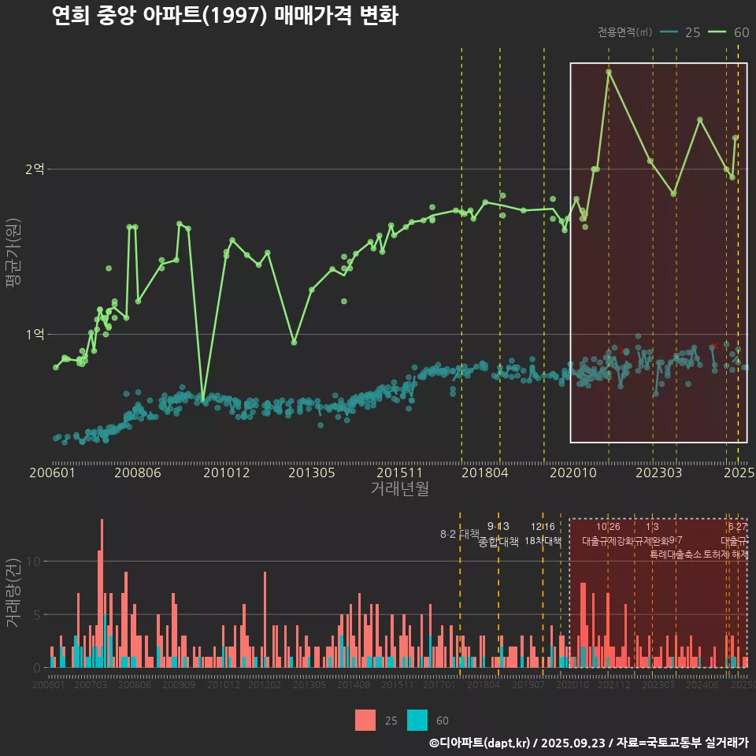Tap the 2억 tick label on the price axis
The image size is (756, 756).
[x=35, y=169]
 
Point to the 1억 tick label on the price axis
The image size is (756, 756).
[x=35, y=335]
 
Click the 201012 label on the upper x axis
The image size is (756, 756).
[x=226, y=472]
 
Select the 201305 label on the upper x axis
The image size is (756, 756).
[x=312, y=472]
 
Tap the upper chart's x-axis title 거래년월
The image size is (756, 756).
[x=399, y=489]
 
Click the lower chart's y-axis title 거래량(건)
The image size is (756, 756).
[x=13, y=593]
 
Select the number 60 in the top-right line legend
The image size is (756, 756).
[x=741, y=32]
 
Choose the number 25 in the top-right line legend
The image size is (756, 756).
[x=693, y=32]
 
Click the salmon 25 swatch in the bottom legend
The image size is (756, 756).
[x=365, y=720]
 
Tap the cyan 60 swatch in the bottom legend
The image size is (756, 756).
[x=417, y=720]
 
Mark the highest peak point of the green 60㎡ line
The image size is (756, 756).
[x=609, y=72]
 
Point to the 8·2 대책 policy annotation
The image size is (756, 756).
[x=459, y=534]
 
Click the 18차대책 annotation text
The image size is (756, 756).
[x=543, y=541]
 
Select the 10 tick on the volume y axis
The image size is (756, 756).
[x=34, y=561]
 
